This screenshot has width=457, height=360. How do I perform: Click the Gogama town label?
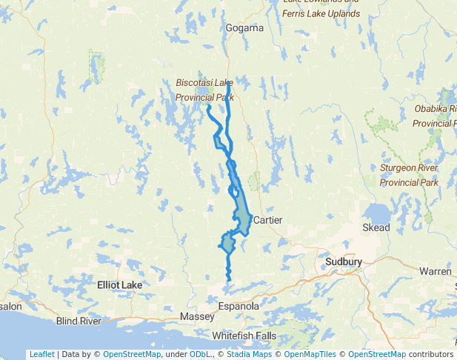click(x=244, y=28)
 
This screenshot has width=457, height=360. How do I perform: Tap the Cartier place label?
click(x=268, y=220)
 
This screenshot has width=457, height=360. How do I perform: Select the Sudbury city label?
click(x=343, y=262)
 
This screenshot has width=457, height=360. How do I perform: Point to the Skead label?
click(x=376, y=227)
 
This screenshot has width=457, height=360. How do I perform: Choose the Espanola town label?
click(x=238, y=306)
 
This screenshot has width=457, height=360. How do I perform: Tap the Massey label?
click(x=197, y=317)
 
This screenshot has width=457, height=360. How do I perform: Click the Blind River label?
click(x=79, y=321)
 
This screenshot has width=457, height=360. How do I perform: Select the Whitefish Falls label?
click(x=244, y=336)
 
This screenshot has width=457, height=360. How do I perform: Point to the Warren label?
click(x=435, y=272)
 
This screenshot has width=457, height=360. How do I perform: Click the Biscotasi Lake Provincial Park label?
click(x=204, y=90)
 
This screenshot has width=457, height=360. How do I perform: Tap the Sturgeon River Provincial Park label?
click(x=409, y=175)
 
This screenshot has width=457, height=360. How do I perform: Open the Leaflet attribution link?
click(x=41, y=354)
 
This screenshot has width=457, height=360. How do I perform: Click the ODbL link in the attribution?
click(x=201, y=354)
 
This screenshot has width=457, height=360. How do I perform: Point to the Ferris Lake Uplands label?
click(x=321, y=13)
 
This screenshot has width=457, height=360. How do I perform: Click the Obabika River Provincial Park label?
click(x=436, y=116)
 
